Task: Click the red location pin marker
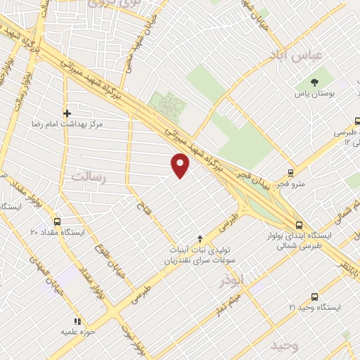coord(181,165)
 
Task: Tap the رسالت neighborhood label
coord(88,178)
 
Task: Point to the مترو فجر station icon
coord(290,173)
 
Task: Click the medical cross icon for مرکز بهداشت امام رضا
coord(67,112)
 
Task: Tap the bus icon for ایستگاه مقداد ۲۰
coord(57,221)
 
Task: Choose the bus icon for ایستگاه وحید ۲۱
coord(314,297)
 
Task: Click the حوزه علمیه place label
coord(77,331)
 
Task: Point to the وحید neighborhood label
coord(285,345)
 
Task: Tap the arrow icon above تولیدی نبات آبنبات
coord(200,239)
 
